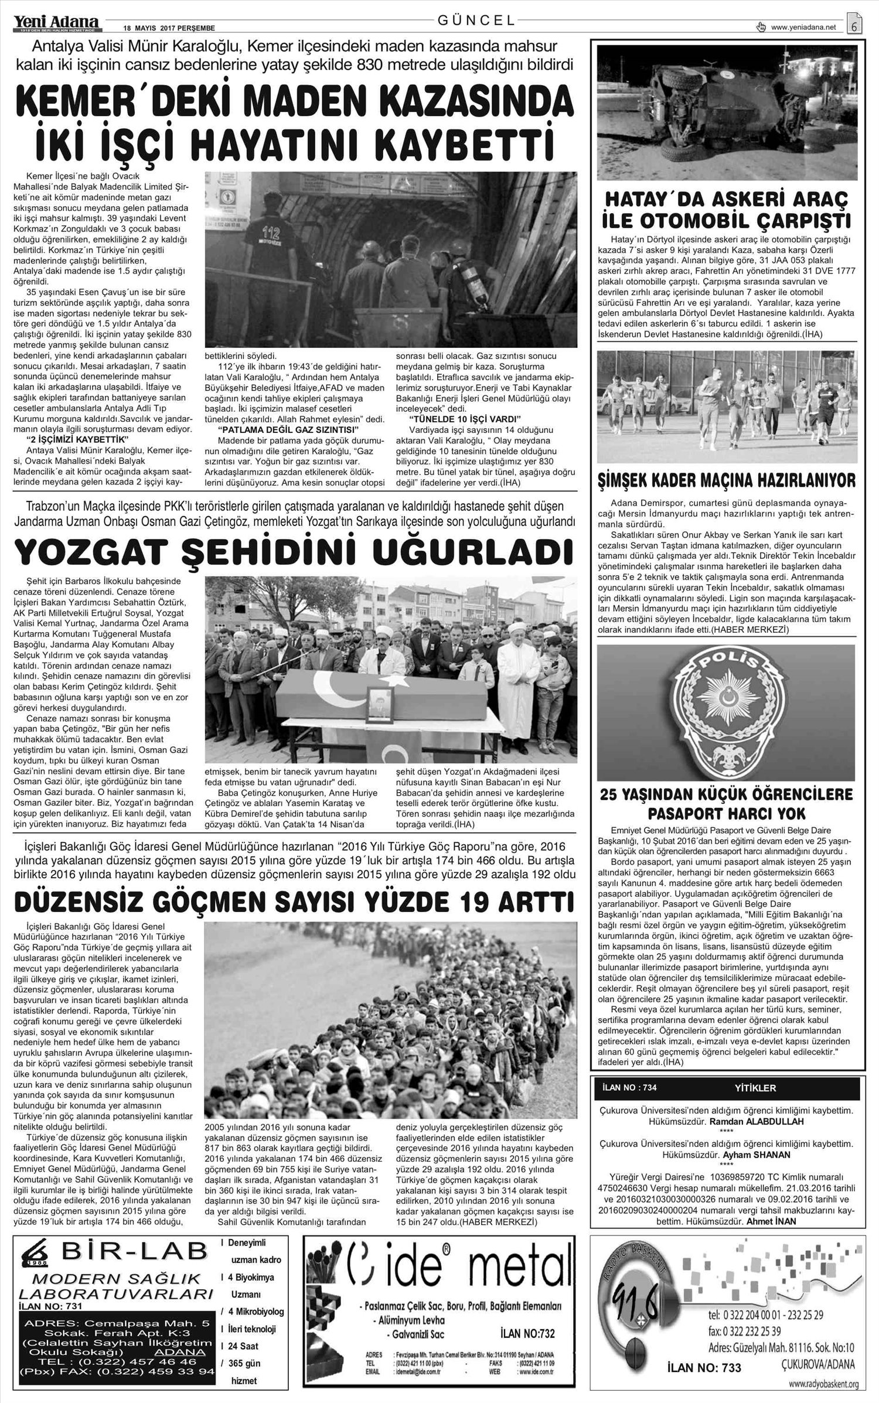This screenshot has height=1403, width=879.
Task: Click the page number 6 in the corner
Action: point(854,26)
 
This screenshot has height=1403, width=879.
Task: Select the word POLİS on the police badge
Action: point(725,662)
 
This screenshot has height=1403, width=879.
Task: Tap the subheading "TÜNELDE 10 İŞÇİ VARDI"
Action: point(464,419)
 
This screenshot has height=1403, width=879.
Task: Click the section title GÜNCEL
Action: point(476,20)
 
